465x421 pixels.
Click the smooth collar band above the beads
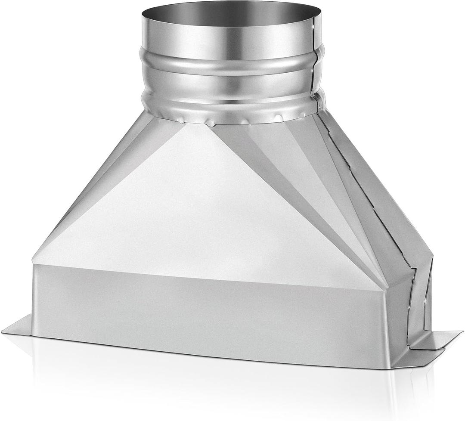tap(228, 37)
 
